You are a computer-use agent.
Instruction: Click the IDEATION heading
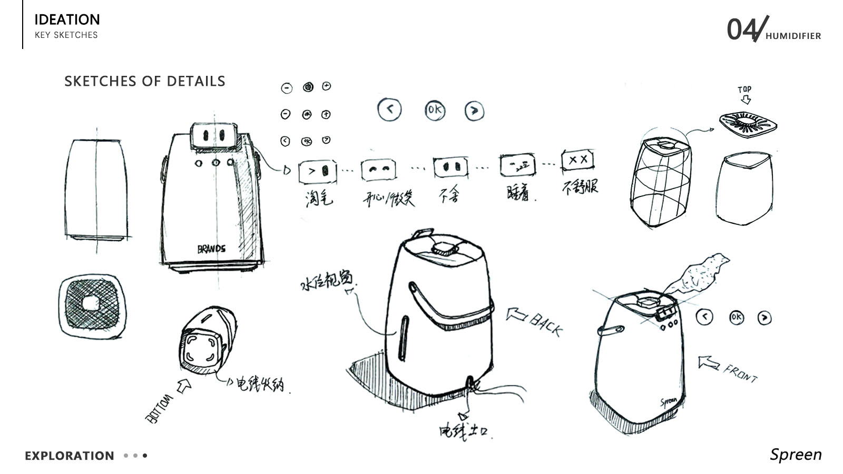click(x=67, y=19)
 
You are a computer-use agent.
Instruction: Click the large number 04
click(x=742, y=29)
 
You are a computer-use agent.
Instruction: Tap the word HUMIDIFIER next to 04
click(x=793, y=36)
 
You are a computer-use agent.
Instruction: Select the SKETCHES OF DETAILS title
click(x=144, y=81)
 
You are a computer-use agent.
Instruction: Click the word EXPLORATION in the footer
click(x=70, y=456)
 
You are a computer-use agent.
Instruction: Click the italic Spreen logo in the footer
click(x=796, y=455)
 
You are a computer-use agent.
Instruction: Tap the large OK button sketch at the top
click(x=435, y=110)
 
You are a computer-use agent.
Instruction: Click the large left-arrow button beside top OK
click(x=390, y=110)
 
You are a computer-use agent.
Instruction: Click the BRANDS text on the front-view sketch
click(x=211, y=249)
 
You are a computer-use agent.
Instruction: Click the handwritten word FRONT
click(x=740, y=373)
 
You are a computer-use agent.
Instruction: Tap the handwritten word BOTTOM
click(x=159, y=409)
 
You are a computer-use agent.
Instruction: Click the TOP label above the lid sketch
click(x=744, y=89)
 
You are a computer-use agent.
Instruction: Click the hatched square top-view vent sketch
click(x=92, y=305)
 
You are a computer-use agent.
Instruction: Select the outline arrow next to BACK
click(x=516, y=315)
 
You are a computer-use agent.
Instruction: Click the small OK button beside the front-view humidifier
click(x=736, y=317)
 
